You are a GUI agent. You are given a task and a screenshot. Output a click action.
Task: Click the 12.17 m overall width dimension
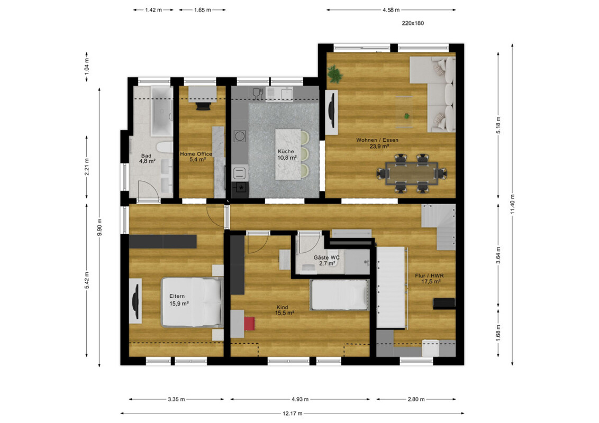[292, 413]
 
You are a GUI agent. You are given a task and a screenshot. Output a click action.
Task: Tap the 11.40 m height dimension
[512, 204]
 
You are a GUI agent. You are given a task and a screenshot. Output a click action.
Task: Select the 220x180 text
[413, 23]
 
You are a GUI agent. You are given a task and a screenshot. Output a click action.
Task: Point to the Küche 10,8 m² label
[287, 154]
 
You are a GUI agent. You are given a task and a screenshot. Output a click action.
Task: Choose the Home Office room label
[196, 154]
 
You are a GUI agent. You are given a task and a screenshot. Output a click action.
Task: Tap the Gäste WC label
[326, 258]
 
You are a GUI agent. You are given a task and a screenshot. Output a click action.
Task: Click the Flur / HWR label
[429, 275]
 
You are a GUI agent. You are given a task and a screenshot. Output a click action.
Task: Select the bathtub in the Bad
[161, 111]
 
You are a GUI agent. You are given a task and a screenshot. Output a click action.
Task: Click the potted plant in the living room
[334, 73]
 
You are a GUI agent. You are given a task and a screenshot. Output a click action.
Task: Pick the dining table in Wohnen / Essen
[412, 173]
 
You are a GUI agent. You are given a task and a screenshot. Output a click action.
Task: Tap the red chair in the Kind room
[249, 324]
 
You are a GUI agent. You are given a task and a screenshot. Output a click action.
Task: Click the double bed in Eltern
[192, 302]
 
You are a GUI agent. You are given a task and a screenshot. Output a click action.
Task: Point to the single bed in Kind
[339, 295]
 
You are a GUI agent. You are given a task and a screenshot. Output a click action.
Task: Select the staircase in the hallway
[439, 227]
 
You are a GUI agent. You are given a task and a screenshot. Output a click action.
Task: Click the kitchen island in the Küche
[288, 154]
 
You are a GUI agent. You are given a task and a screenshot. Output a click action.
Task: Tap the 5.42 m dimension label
[87, 281]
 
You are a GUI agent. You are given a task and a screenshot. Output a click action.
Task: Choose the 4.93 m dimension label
[300, 399]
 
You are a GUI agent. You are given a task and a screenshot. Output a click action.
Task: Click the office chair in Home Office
[203, 106]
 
